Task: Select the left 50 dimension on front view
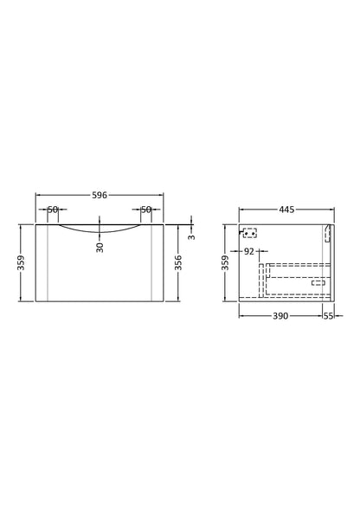(x=52, y=210)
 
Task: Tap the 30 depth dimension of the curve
(x=100, y=246)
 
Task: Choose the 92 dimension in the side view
(x=248, y=252)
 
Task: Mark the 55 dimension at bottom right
(x=328, y=317)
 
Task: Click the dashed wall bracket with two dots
(x=250, y=232)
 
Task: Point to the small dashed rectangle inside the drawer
(x=318, y=282)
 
